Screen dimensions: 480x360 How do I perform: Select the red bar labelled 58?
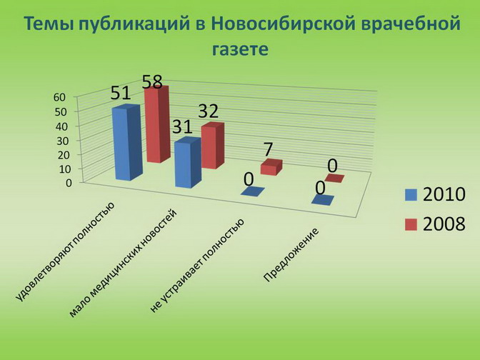157,124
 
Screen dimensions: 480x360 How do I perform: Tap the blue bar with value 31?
188,163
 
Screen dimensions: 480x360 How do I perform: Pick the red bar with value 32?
213,146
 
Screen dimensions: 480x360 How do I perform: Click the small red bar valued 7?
271,167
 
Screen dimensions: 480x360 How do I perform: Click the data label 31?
182,126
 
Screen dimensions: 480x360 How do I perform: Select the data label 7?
268,149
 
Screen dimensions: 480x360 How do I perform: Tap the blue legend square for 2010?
411,195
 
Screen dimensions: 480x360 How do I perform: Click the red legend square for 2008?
411,224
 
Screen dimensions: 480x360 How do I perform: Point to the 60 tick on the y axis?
60,97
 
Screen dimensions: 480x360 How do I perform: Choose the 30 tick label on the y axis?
64,141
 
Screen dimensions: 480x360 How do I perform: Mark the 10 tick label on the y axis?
64,169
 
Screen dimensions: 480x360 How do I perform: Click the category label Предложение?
291,255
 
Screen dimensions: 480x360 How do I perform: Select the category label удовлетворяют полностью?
65,251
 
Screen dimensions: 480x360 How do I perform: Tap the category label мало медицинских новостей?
123,263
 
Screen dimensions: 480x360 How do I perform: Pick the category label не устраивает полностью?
197,266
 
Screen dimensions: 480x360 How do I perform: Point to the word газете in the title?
240,49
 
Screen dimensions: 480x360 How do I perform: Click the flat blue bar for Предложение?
323,200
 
